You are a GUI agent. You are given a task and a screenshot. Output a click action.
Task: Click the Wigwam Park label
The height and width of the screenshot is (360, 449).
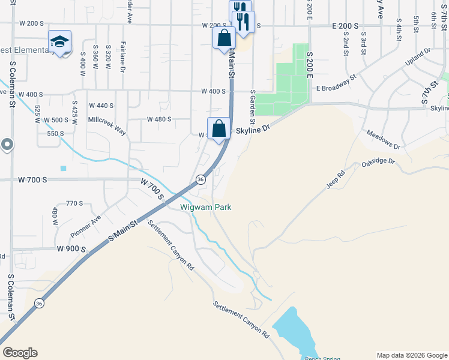pos(206,208)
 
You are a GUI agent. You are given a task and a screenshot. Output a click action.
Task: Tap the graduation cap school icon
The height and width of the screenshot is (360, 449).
pos(59,41)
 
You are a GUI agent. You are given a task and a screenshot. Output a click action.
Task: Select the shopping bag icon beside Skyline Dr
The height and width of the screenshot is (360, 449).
pos(219,128)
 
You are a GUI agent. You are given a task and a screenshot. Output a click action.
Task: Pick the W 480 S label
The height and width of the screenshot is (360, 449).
pos(160,119)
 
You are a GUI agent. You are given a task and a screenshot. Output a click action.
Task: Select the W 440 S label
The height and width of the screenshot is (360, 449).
pos(101,106)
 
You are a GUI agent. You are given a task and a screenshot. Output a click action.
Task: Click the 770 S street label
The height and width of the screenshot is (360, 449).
pos(74,203)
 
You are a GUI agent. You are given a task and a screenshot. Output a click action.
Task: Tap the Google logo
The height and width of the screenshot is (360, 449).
pos(20,353)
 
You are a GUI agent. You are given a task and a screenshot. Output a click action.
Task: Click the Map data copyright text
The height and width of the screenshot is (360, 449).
pos(412,355)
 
